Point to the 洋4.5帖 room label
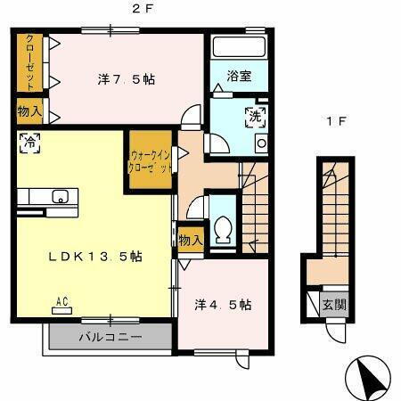[x=220, y=304]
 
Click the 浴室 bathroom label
[x=238, y=76]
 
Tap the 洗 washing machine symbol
[x=255, y=115]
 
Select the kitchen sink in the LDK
[x=60, y=197]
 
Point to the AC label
[x=62, y=301]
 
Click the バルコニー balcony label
[x=110, y=338]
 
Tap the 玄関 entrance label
[x=334, y=304]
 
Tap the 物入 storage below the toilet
[x=190, y=239]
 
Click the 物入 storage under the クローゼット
[x=29, y=111]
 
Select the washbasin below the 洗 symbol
[x=261, y=143]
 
